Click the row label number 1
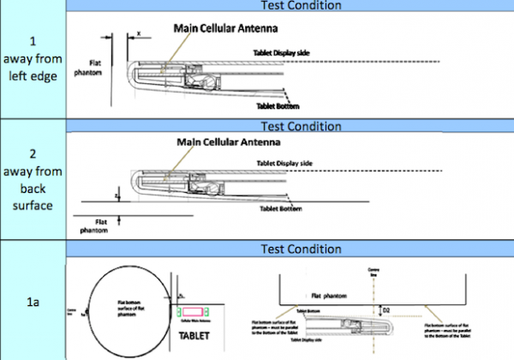pyautogui.click(x=33, y=40)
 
